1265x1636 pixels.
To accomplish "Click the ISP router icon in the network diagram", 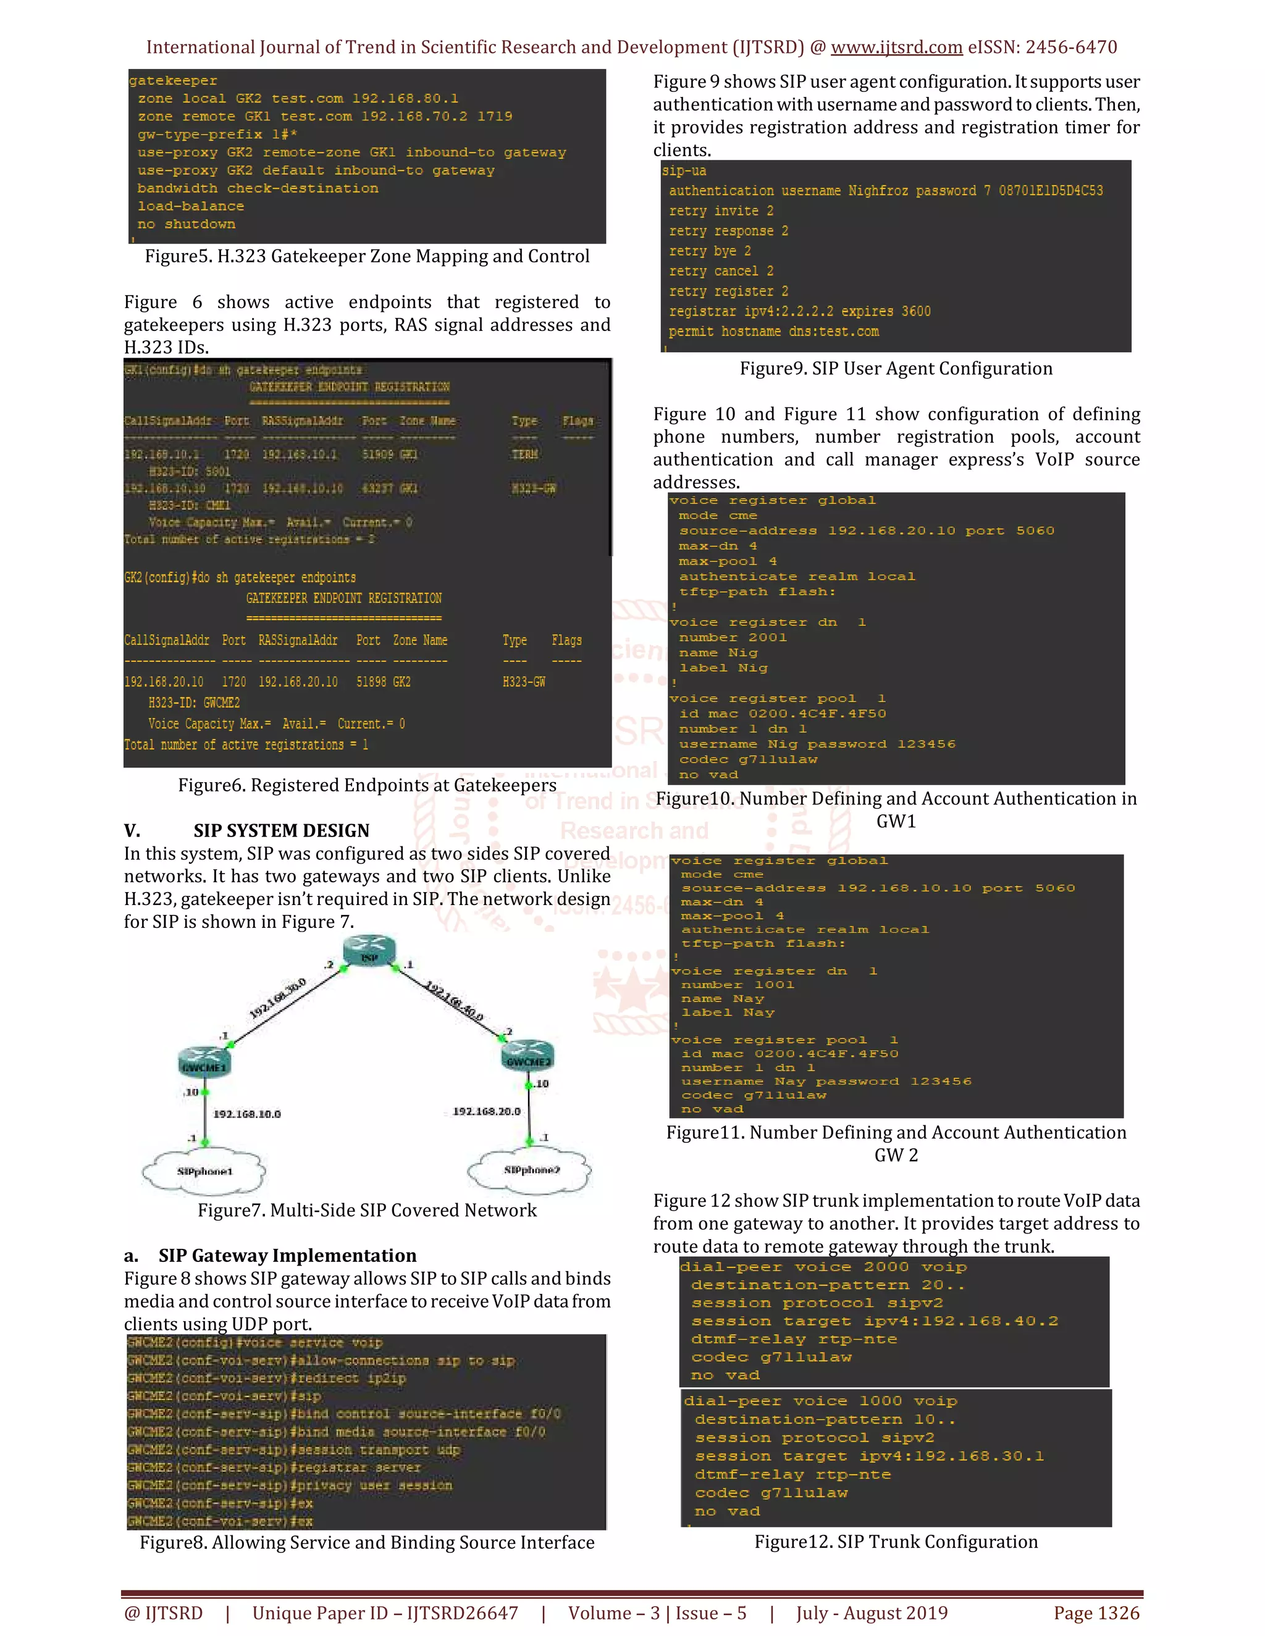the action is click(369, 951).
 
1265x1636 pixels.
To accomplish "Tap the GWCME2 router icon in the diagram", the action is click(527, 1056).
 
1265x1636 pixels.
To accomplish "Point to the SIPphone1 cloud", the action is click(204, 1171).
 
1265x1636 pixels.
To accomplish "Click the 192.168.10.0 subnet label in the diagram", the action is click(246, 1114).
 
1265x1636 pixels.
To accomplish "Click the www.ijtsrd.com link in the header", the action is click(896, 47).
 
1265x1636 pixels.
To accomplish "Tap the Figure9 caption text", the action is click(896, 369).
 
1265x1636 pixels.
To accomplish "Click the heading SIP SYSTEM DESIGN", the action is click(281, 831).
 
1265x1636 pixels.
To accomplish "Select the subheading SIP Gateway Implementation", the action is click(287, 1256).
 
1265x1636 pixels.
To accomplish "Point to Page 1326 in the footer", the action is click(1096, 1613).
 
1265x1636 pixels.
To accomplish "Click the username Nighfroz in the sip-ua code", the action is click(875, 191).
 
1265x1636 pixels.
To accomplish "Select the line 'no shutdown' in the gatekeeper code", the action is click(186, 224).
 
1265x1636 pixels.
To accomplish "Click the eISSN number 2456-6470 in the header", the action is click(1071, 47).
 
